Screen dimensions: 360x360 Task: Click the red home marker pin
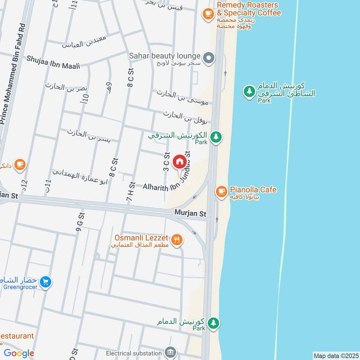tap(179, 161)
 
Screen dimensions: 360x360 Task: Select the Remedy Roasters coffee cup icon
tap(207, 13)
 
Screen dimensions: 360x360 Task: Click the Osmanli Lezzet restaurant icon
tap(177, 240)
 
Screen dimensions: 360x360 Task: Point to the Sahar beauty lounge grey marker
tap(208, 58)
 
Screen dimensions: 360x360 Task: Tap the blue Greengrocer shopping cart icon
tap(45, 283)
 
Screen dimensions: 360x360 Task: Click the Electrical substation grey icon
tap(170, 351)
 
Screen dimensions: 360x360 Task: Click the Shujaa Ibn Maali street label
tap(53, 63)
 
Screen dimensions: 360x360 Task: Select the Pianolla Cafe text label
tap(253, 190)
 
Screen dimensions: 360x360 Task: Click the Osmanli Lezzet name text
tap(140, 237)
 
